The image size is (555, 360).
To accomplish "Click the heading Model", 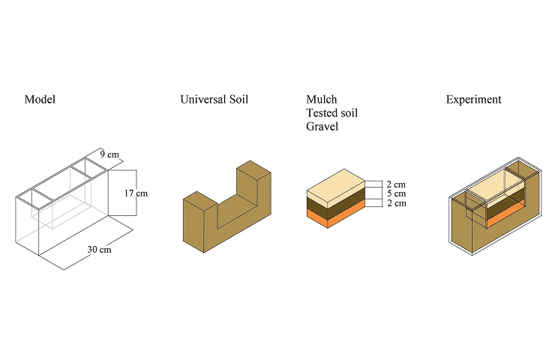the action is (40, 100).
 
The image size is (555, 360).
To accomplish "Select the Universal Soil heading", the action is (214, 100).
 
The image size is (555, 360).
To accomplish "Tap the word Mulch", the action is (322, 99).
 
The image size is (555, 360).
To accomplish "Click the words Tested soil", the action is (332, 113).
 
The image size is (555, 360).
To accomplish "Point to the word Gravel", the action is (322, 126).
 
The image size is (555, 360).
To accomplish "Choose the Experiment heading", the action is (473, 100).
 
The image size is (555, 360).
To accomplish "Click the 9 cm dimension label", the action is (109, 154).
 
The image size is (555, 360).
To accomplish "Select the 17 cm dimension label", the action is (136, 193).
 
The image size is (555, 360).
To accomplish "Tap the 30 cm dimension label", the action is (100, 250).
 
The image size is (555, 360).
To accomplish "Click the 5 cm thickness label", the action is (397, 193).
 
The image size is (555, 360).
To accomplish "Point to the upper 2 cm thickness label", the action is (396, 184).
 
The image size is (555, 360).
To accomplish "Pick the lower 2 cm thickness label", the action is (397, 203).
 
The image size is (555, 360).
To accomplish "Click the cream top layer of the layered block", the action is (335, 187).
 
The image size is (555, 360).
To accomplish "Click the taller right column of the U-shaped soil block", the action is (253, 187).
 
